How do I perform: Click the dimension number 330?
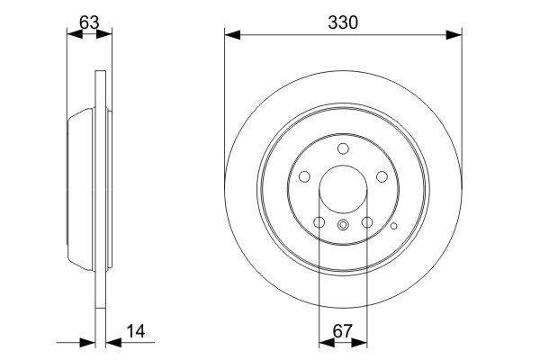pos(343,22)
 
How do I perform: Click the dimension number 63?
pos(89,22)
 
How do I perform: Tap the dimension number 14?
pos(136,331)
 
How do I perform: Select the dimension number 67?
pos(343,331)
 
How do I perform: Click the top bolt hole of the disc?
pos(343,148)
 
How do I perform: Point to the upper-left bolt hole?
pos(304,176)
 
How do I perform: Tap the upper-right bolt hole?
pos(382,176)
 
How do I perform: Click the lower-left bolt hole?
pos(319,222)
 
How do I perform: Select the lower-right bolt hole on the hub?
pos(367,222)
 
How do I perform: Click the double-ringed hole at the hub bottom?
pos(343,225)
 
